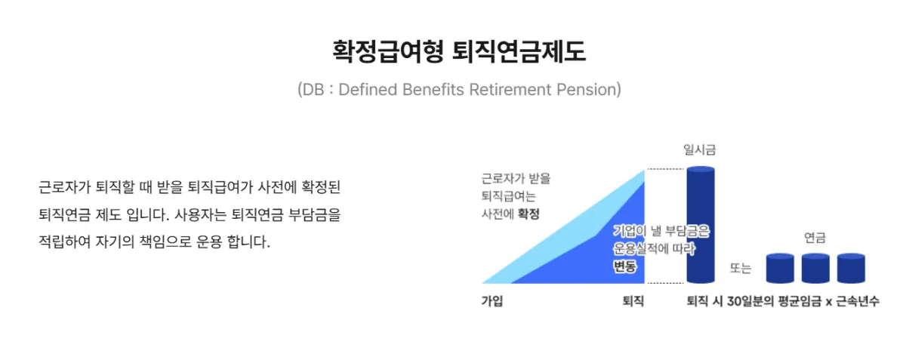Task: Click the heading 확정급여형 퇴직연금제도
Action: pos(458,51)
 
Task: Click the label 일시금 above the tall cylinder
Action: pos(699,149)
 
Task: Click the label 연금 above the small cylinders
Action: pos(815,238)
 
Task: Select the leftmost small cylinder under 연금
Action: pos(780,268)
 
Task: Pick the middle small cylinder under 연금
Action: pos(815,268)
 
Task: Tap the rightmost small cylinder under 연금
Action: pos(850,268)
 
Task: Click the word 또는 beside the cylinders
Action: pos(740,268)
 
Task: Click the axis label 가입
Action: pos(492,300)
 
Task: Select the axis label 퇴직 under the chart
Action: pos(633,300)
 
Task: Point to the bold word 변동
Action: pos(624,266)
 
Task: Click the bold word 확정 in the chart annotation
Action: pos(528,214)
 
